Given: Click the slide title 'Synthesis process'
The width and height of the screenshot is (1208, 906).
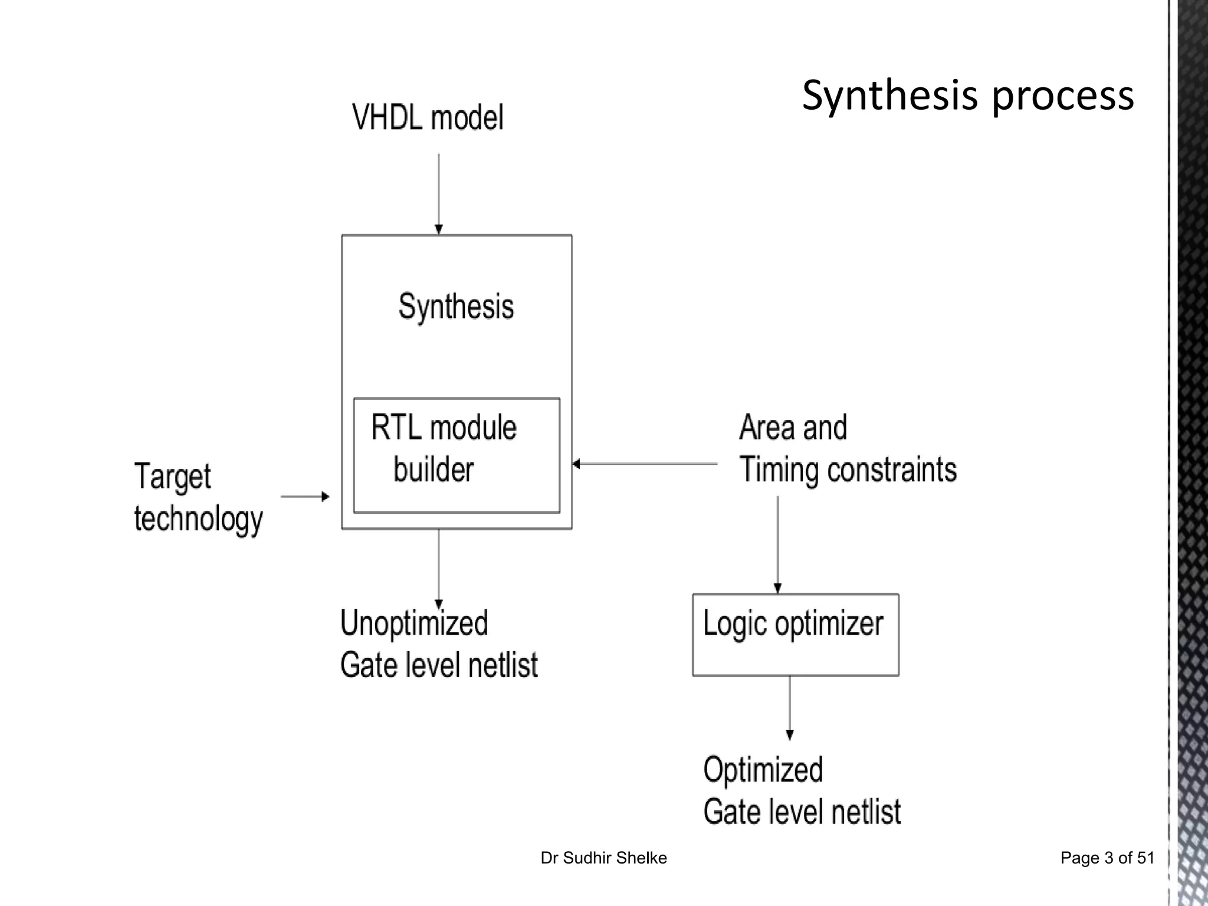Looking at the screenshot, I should point(967,96).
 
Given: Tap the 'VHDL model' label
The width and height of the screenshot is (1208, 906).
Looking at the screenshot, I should point(428,117).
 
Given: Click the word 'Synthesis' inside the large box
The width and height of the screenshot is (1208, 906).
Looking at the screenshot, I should point(456,307).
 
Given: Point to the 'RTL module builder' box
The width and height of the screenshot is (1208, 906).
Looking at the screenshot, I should point(456,455).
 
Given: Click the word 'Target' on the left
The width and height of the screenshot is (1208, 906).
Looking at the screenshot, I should point(172,477).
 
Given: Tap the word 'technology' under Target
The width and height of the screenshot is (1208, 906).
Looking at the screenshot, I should point(198,519).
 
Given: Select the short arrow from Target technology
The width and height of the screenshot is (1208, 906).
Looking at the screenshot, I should point(304,497).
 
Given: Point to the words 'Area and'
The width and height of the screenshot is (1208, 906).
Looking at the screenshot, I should point(793,427).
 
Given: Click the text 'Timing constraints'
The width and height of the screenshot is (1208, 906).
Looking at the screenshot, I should point(848,470).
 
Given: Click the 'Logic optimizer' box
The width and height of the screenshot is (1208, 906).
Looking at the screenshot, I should point(795,635).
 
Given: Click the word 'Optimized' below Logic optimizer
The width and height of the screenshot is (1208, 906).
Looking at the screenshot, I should point(763,770).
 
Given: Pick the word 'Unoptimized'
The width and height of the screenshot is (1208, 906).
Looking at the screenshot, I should point(414,623).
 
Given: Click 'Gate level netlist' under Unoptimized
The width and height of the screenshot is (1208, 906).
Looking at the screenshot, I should point(439,665).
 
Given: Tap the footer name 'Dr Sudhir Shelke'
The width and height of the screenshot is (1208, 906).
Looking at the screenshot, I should point(603,858).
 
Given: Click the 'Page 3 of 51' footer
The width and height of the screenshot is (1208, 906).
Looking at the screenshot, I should point(1107,858).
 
